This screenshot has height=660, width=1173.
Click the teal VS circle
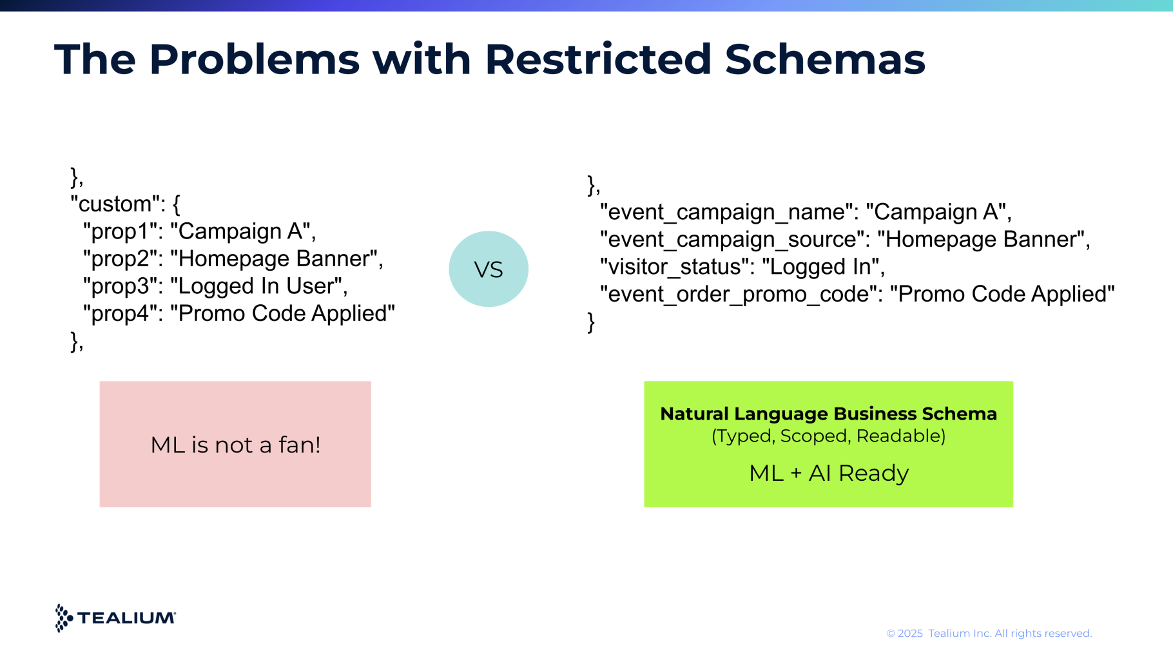(x=489, y=269)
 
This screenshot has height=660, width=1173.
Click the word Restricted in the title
(x=598, y=59)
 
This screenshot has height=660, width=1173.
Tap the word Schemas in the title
(x=825, y=59)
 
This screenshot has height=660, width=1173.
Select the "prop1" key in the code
(x=122, y=231)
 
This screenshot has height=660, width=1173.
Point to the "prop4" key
(x=122, y=313)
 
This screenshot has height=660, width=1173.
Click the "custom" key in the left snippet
(x=114, y=204)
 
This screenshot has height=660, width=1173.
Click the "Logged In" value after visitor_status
(x=820, y=267)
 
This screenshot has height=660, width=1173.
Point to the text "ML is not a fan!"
(x=235, y=445)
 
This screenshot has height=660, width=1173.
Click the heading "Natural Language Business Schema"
(x=828, y=414)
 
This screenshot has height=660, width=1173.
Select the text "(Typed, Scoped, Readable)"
(x=828, y=436)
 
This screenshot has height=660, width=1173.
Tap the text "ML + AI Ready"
(x=829, y=473)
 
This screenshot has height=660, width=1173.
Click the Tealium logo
(x=115, y=618)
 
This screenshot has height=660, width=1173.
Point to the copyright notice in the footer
(x=989, y=634)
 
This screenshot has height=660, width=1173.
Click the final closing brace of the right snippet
(x=591, y=322)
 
